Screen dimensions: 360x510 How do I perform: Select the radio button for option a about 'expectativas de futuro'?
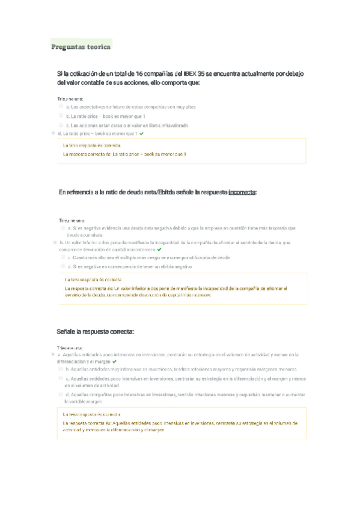coord(61,106)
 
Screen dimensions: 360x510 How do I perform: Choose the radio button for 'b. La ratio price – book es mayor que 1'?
coord(61,115)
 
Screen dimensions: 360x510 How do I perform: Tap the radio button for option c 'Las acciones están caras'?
coord(61,124)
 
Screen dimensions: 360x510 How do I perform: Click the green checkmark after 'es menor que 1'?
coord(141,133)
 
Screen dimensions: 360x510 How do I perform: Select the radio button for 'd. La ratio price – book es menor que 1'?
coord(54,133)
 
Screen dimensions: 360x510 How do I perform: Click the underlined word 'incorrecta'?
coord(242,192)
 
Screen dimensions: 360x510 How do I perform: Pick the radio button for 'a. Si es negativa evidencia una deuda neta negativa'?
coord(63,228)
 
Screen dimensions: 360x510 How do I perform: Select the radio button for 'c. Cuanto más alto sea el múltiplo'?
coord(63,257)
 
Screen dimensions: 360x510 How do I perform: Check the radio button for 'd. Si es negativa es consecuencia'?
coord(63,266)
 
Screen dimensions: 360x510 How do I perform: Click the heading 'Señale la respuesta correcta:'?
coord(95,331)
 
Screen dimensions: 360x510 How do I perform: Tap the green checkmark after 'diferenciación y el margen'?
coord(114,363)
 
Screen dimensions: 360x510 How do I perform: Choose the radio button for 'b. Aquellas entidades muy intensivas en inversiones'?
coord(61,369)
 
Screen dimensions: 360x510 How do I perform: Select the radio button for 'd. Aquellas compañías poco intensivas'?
coord(61,394)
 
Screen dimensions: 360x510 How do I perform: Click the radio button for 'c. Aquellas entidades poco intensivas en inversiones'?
coord(61,379)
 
